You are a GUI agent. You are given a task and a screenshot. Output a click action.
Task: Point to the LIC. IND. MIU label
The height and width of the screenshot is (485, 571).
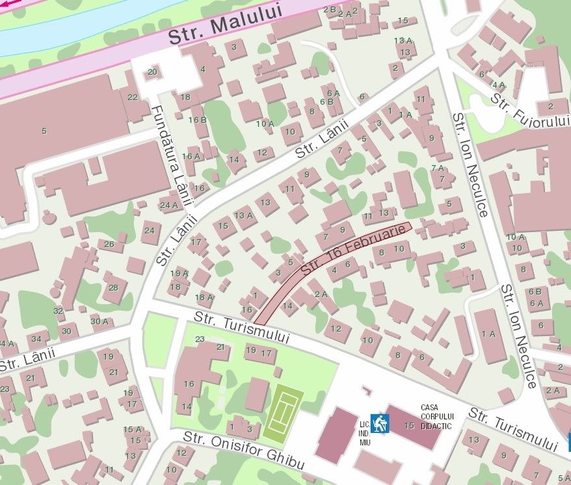coord(365,433)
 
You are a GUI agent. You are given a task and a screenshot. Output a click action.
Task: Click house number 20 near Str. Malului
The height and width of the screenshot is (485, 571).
coord(152,72)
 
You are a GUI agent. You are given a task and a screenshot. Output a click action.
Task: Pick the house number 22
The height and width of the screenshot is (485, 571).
coord(133,98)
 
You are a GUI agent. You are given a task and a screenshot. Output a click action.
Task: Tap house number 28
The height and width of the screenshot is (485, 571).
coord(114,287)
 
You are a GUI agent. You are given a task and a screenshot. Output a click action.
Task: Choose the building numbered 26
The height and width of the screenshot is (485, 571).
coord(109,244)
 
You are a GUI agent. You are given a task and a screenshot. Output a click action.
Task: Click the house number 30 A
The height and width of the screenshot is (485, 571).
coord(100,321)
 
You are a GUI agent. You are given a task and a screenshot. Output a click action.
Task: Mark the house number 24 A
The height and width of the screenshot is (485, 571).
coord(169,205)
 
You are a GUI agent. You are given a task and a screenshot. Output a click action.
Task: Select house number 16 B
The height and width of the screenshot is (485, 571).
coord(198,120)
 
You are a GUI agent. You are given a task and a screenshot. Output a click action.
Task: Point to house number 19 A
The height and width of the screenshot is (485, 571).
coord(179,273)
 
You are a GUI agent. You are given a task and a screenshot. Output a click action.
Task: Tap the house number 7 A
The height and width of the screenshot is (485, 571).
coord(438,168)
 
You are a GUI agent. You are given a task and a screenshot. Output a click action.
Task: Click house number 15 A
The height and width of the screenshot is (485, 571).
coord(133,429)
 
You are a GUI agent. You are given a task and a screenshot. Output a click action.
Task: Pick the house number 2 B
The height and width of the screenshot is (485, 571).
coord(329,10)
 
